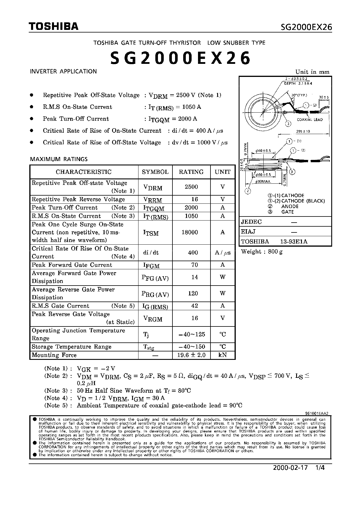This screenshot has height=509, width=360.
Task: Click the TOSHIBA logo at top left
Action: (54, 27)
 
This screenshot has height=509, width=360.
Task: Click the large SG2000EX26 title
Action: (180, 58)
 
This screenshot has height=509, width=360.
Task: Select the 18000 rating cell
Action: (190, 232)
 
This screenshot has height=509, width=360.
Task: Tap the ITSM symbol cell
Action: (151, 233)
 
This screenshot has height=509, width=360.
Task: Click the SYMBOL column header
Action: (155, 172)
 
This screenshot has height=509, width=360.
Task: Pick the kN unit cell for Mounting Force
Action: (223, 355)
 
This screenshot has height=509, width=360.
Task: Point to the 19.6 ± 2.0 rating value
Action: (191, 355)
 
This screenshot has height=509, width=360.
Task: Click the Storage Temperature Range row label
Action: (71, 347)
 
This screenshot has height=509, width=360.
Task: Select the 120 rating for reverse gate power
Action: (193, 293)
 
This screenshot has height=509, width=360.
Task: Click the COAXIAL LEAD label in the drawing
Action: (309, 120)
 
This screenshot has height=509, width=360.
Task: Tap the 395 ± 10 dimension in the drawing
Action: (303, 131)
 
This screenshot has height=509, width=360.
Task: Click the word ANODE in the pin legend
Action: (290, 206)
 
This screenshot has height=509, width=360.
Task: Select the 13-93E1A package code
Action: (294, 241)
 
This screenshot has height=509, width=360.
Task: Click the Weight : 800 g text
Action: (262, 252)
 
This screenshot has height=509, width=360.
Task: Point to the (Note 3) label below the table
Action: (56, 391)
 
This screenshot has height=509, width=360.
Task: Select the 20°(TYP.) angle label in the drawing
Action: (299, 95)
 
